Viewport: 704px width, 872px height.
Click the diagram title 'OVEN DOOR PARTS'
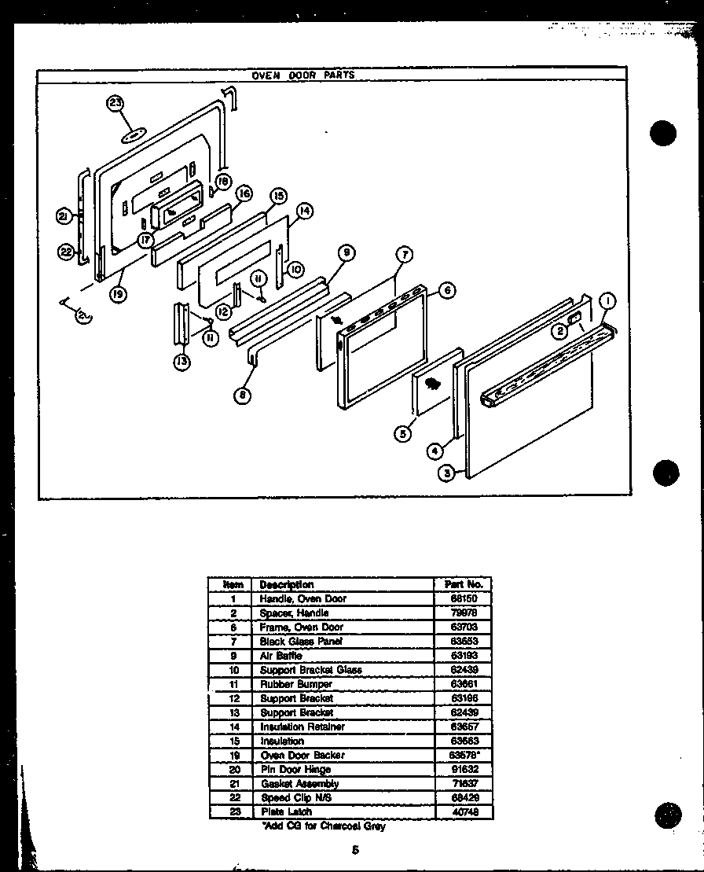pos(302,75)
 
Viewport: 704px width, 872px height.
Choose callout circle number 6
pos(446,290)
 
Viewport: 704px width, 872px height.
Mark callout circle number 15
pos(277,195)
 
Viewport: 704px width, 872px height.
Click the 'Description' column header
pos(287,584)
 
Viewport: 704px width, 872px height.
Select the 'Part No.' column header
pos(463,584)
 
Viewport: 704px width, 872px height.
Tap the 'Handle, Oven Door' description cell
pos(302,598)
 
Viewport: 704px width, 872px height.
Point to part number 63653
pos(463,641)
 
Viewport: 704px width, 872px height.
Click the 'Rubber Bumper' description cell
pos(295,684)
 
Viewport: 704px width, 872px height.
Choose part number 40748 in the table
pos(463,811)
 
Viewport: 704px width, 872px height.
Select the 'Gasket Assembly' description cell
pos(299,783)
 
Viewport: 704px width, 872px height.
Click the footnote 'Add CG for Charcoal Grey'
pos(322,826)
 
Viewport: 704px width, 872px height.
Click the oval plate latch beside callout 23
pos(134,135)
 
